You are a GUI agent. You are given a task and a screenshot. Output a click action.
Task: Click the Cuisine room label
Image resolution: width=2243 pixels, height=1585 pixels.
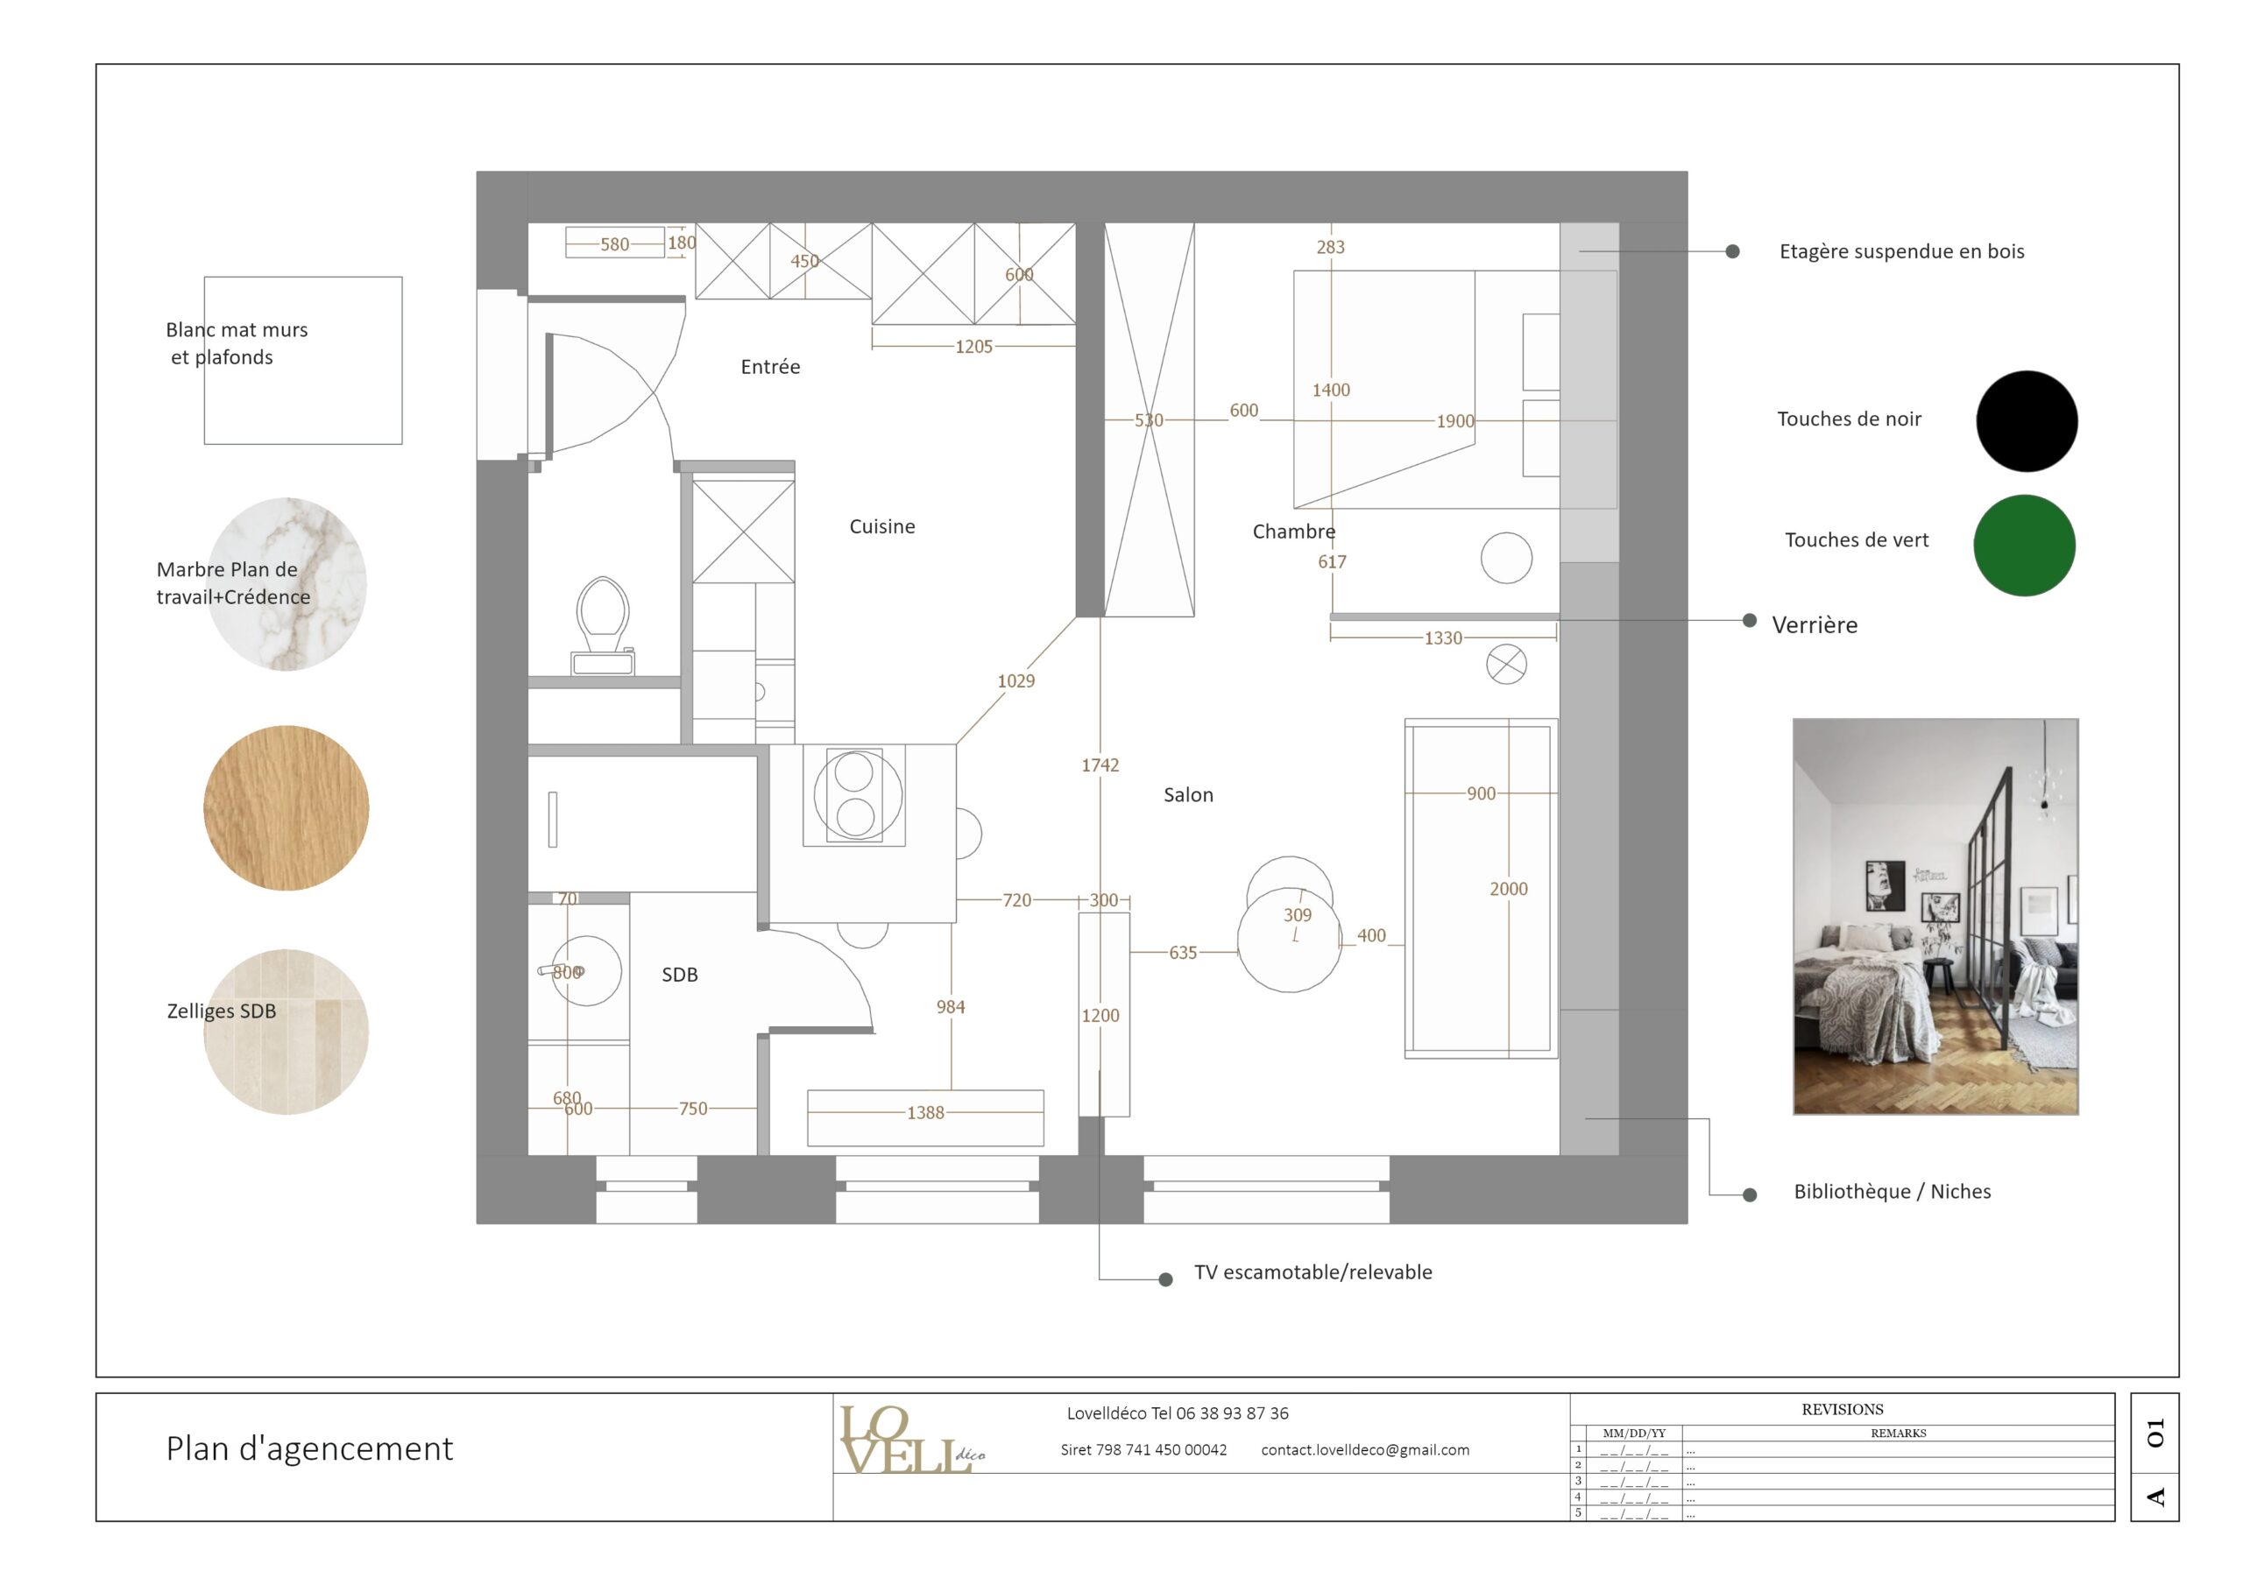click(x=882, y=526)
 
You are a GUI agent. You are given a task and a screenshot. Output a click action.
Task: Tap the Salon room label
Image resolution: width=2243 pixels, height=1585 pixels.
click(x=1188, y=795)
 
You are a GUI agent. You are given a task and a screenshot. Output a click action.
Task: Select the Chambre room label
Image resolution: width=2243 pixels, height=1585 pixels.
click(x=1293, y=532)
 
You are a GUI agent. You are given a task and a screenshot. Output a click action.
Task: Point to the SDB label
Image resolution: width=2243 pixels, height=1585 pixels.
click(x=680, y=975)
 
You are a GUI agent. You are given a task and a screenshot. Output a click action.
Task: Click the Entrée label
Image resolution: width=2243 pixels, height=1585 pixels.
click(x=770, y=367)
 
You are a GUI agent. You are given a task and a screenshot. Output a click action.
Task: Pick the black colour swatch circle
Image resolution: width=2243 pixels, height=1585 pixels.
click(x=2026, y=421)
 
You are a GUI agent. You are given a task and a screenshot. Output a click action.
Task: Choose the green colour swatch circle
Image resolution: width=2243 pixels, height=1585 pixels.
click(x=2024, y=545)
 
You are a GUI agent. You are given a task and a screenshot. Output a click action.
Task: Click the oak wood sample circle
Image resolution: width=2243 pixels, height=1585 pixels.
click(x=287, y=807)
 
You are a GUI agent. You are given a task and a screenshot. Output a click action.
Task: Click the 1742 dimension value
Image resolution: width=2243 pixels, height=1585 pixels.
click(x=1100, y=765)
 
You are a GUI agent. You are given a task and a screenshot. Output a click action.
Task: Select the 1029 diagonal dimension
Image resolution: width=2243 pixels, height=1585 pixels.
click(x=1016, y=680)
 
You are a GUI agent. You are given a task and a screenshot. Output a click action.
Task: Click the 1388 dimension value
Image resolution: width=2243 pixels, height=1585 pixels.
click(x=925, y=1112)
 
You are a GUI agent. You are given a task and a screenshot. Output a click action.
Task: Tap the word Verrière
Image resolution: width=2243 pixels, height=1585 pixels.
click(x=1815, y=625)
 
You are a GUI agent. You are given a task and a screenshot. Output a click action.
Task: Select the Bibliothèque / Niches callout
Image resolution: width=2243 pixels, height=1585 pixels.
click(x=1892, y=1192)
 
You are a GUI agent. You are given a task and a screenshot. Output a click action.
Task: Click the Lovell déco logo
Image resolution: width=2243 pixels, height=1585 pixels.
click(x=909, y=1441)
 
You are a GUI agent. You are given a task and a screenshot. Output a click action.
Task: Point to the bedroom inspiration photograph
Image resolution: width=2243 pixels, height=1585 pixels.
click(x=1935, y=916)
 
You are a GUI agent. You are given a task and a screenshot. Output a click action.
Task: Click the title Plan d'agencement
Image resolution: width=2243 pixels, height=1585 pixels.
click(x=309, y=1448)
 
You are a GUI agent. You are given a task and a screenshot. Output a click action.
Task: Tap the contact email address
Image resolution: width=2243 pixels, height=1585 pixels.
click(x=1365, y=1450)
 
